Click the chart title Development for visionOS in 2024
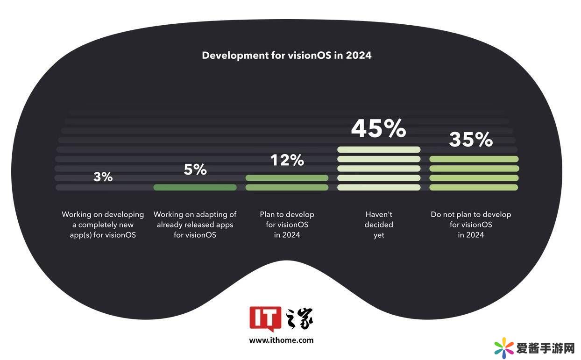click(x=286, y=55)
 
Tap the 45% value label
click(x=378, y=128)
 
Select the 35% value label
click(x=471, y=139)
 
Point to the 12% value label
click(x=287, y=160)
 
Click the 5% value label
click(x=195, y=169)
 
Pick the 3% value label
click(x=103, y=177)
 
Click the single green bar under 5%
click(x=195, y=187)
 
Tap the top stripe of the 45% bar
click(x=378, y=149)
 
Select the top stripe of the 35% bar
click(x=474, y=159)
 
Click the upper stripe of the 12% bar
click(x=287, y=178)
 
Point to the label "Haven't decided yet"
click(x=379, y=225)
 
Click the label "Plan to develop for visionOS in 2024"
click(x=287, y=225)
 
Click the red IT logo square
click(x=265, y=318)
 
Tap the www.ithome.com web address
click(x=281, y=340)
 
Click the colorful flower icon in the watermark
click(x=503, y=347)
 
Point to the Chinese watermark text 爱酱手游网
click(x=545, y=348)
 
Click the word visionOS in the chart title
click(x=310, y=55)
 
